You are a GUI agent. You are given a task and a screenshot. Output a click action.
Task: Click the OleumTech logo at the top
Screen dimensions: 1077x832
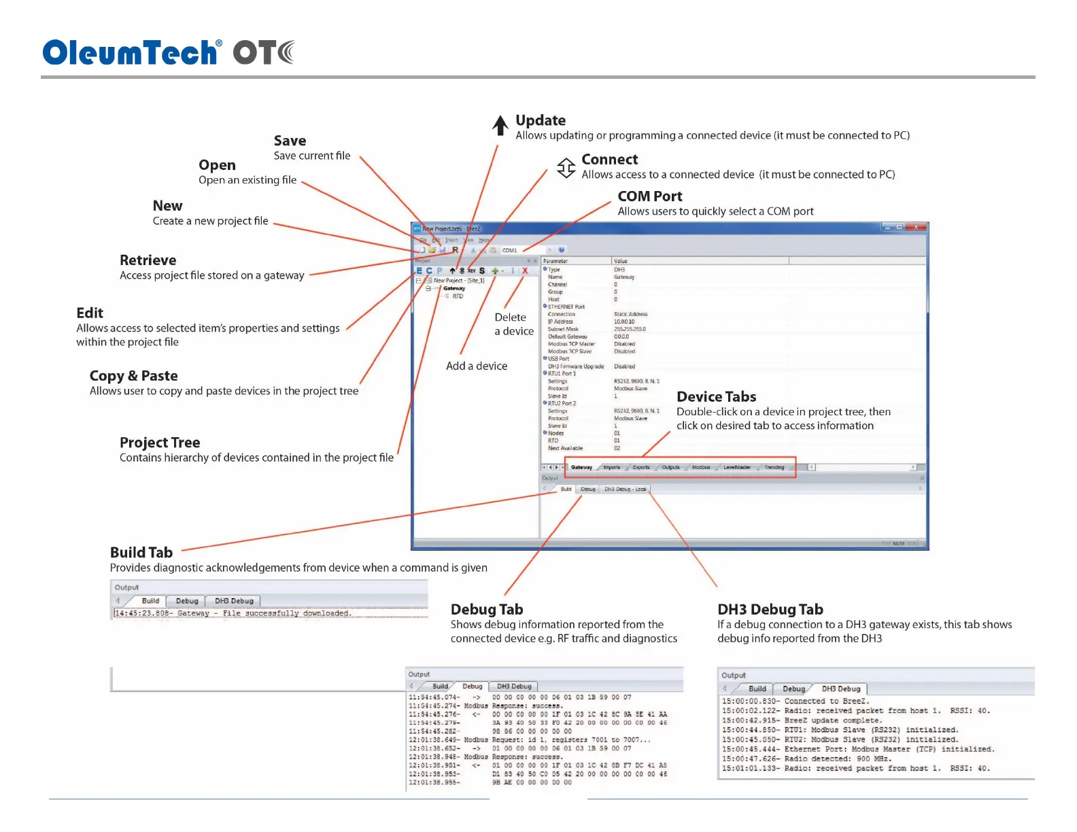point(168,52)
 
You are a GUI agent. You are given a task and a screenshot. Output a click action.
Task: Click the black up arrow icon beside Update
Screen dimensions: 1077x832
point(500,126)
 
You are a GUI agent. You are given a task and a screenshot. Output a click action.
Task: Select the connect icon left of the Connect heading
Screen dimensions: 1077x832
point(566,167)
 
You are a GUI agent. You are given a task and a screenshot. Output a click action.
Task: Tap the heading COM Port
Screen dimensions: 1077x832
point(649,196)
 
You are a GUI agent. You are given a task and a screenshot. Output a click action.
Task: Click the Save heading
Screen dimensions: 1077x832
point(290,141)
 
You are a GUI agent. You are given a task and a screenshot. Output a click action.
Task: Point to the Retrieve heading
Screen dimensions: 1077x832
point(148,260)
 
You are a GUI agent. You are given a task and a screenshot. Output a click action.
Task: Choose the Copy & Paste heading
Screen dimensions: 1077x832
point(133,376)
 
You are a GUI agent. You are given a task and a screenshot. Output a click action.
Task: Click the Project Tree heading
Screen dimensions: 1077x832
point(160,443)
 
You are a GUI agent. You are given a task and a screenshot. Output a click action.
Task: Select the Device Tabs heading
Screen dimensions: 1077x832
point(716,397)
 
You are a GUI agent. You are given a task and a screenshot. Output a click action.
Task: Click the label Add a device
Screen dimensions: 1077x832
point(476,366)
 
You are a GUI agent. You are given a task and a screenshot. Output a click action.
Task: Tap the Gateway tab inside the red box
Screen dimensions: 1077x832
point(581,468)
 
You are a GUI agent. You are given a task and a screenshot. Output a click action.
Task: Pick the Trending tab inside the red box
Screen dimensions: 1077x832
point(774,468)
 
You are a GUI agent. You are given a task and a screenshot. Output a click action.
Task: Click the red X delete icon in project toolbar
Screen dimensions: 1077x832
point(525,271)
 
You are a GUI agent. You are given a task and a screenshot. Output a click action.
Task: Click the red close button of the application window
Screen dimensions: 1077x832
point(916,228)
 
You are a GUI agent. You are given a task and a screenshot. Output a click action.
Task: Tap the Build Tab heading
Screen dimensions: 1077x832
point(141,553)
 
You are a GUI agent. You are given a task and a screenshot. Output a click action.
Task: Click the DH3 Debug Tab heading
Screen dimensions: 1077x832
point(770,610)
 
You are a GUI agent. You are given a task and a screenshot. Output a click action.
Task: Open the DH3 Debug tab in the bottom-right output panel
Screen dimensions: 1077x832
point(840,689)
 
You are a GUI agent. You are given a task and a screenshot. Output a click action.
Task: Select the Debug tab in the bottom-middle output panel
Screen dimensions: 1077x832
point(472,687)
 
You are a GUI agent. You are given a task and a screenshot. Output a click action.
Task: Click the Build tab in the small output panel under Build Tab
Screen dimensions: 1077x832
point(150,601)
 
